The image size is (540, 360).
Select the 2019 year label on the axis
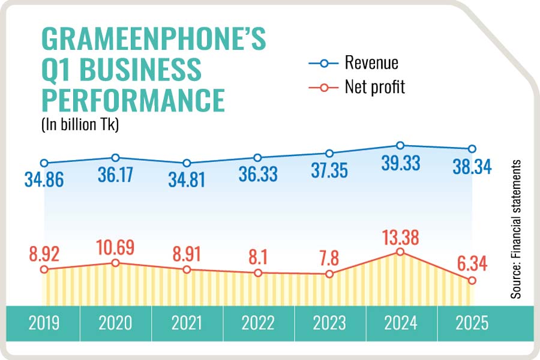(44, 323)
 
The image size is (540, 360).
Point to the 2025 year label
(472, 323)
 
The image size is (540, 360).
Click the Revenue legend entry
(371, 62)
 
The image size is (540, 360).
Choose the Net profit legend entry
(375, 87)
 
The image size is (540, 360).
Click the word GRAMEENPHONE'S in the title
(153, 39)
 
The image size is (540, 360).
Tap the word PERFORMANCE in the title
(133, 98)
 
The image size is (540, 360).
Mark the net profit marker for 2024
(400, 253)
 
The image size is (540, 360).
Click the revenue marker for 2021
(187, 163)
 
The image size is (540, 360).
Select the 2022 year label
(257, 323)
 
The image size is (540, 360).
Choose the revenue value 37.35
(329, 171)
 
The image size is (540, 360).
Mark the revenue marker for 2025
(472, 149)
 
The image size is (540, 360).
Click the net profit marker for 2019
(44, 269)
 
